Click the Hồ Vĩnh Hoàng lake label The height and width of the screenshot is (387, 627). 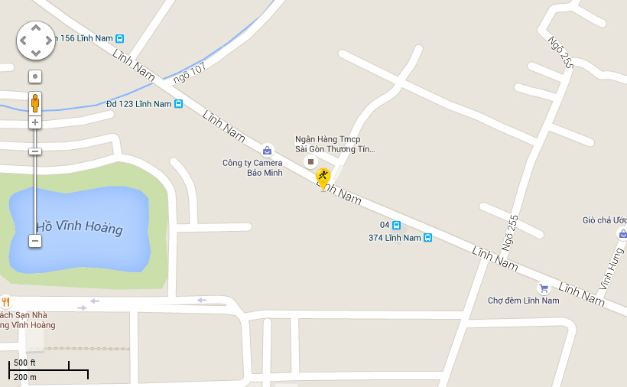click(x=80, y=228)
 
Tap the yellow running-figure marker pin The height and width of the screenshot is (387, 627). click(x=323, y=178)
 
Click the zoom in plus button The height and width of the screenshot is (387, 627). click(x=35, y=122)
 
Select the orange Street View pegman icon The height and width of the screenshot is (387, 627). click(x=35, y=102)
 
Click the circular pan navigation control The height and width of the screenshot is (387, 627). click(x=36, y=40)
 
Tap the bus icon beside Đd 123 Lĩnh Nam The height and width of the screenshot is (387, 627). click(x=178, y=104)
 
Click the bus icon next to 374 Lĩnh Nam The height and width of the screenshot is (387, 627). click(x=428, y=238)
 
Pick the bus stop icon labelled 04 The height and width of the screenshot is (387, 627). click(x=396, y=225)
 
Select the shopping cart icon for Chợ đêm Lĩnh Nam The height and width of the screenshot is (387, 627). click(x=544, y=288)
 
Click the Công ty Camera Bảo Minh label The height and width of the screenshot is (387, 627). click(x=252, y=167)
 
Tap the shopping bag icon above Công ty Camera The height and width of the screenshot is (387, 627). click(x=267, y=151)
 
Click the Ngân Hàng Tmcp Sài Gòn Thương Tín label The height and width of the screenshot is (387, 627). click(x=335, y=145)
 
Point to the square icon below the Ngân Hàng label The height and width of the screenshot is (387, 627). click(x=310, y=162)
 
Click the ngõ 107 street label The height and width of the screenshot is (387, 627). click(x=190, y=73)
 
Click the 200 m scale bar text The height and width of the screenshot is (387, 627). click(x=25, y=377)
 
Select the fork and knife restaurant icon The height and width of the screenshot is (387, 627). click(x=6, y=302)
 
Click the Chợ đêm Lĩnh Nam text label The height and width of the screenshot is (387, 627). click(x=524, y=301)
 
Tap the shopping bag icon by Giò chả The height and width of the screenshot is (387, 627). click(x=622, y=233)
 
